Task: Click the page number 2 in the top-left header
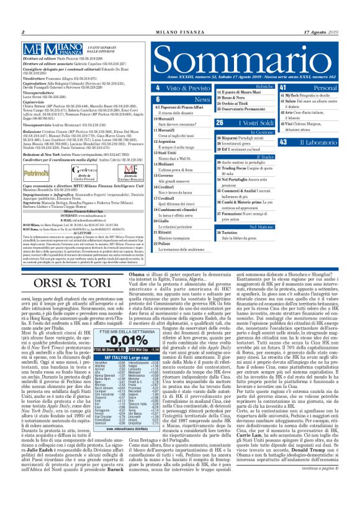[x=23, y=31]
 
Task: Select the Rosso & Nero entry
[x=236, y=97]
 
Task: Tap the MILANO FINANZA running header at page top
[x=179, y=31]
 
